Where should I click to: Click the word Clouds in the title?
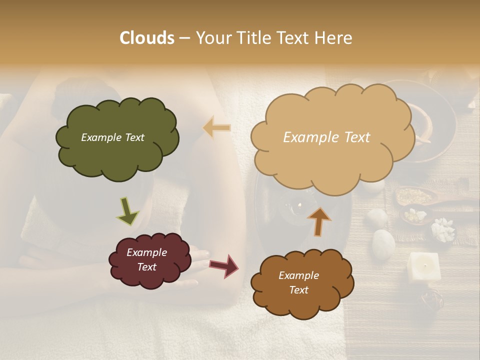[147, 38]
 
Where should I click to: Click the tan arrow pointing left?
[216, 128]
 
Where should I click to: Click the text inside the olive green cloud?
[112, 137]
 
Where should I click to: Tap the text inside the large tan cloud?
[326, 137]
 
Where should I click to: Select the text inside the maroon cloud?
[146, 259]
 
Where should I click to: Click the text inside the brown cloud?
[298, 282]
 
